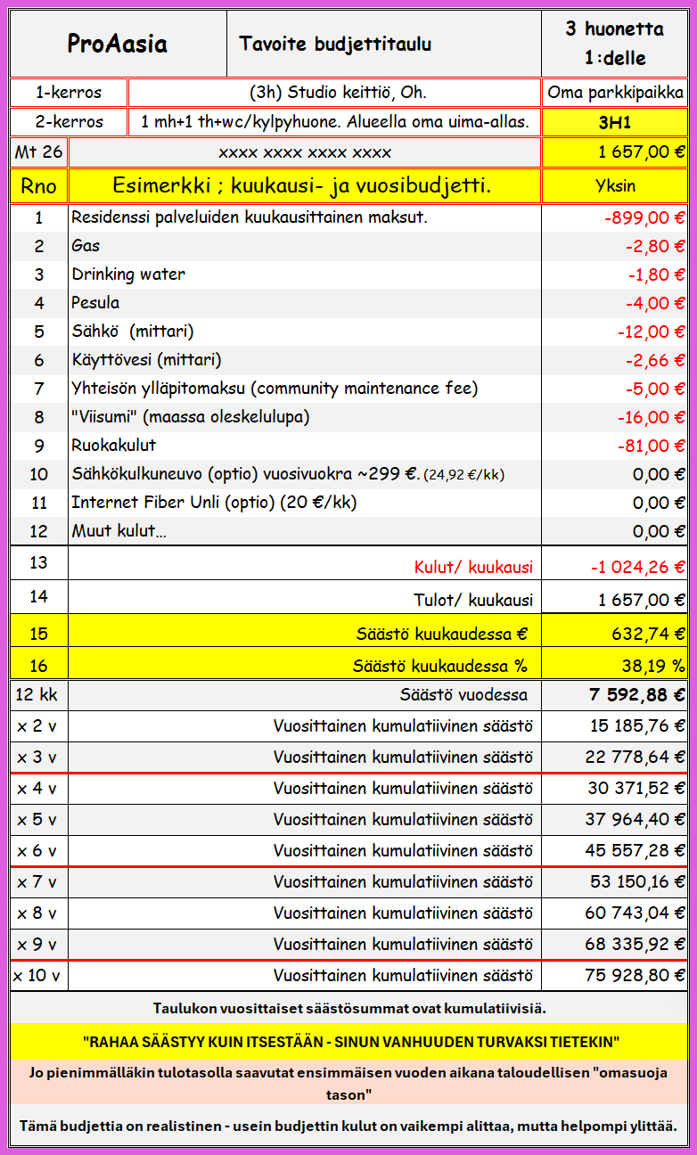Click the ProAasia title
pyautogui.click(x=118, y=44)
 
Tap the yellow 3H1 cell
pyautogui.click(x=614, y=122)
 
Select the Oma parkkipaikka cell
pyautogui.click(x=615, y=93)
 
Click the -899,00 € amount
pyautogui.click(x=643, y=217)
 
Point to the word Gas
pyautogui.click(x=86, y=246)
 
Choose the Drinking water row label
pyautogui.click(x=128, y=274)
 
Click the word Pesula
pyautogui.click(x=95, y=303)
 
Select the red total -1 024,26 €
pyautogui.click(x=637, y=567)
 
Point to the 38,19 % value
pyautogui.click(x=652, y=665)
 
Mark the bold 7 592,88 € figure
pyautogui.click(x=636, y=695)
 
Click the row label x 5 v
pyautogui.click(x=37, y=820)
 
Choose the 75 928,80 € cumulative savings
pyautogui.click(x=635, y=975)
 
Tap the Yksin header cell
pyautogui.click(x=614, y=186)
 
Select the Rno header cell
pyautogui.click(x=38, y=186)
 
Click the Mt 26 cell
pyautogui.click(x=38, y=152)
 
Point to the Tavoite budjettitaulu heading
pyautogui.click(x=335, y=44)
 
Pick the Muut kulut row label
pyautogui.click(x=119, y=531)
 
